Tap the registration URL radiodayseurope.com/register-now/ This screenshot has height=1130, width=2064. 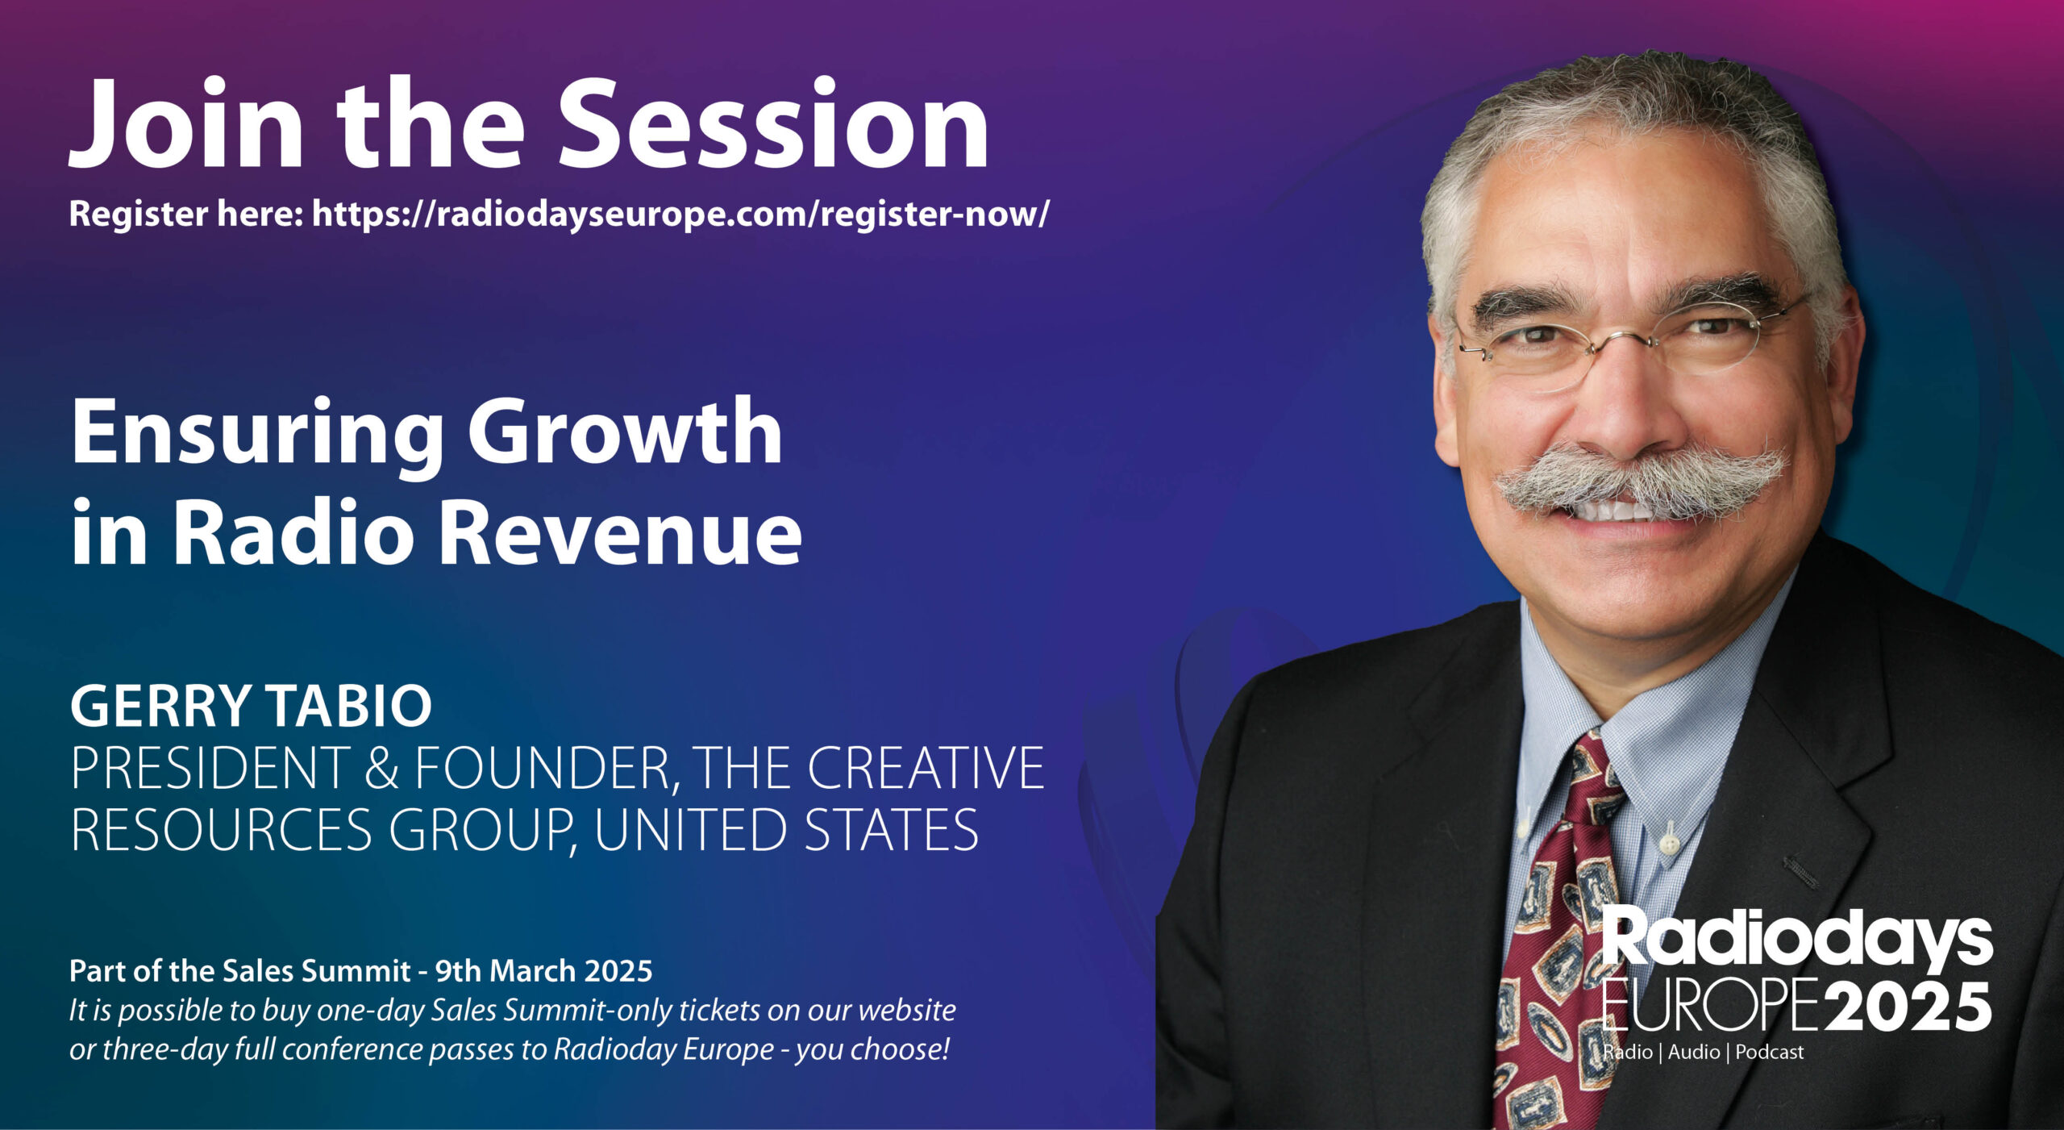[x=680, y=215]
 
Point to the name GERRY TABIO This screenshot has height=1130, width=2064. [x=252, y=706]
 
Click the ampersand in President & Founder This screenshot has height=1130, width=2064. [x=381, y=768]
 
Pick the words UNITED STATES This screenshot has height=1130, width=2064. [x=786, y=829]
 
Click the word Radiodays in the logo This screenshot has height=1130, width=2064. [x=1796, y=940]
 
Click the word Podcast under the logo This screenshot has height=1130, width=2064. [x=1770, y=1053]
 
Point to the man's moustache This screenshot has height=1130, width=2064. [x=1641, y=482]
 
